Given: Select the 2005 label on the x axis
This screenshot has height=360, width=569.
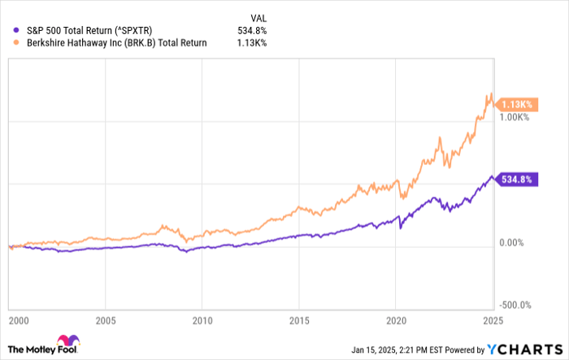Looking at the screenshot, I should pos(105,321).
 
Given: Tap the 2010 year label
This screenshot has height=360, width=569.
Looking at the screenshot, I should pos(202,321).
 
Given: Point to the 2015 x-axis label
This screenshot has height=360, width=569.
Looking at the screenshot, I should pos(300,321).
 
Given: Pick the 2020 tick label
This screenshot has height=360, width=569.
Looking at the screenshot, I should pos(396,321).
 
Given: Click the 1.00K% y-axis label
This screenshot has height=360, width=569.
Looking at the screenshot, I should pos(514,118).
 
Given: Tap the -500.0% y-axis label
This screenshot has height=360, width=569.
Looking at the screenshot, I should pos(515,306).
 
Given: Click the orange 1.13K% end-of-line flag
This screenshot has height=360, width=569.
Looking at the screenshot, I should pos(516,105).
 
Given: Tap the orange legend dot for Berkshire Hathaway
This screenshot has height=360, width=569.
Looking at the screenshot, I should pos(18,43).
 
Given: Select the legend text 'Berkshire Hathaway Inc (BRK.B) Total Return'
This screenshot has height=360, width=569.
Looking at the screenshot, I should pos(115,43).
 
